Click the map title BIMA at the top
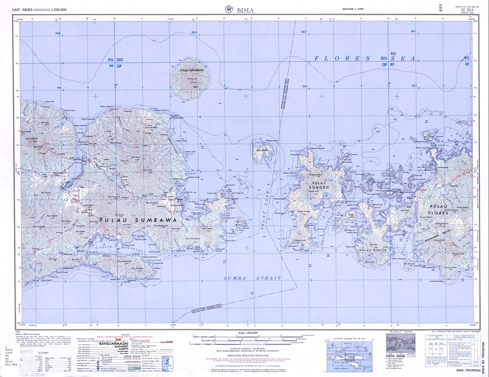click(x=245, y=10)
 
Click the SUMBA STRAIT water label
click(x=252, y=278)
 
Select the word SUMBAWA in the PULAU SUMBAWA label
click(x=156, y=220)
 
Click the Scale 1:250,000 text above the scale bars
click(x=248, y=333)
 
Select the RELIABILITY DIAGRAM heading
click(x=401, y=331)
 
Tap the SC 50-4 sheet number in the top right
click(x=467, y=10)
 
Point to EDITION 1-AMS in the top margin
click(x=353, y=9)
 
